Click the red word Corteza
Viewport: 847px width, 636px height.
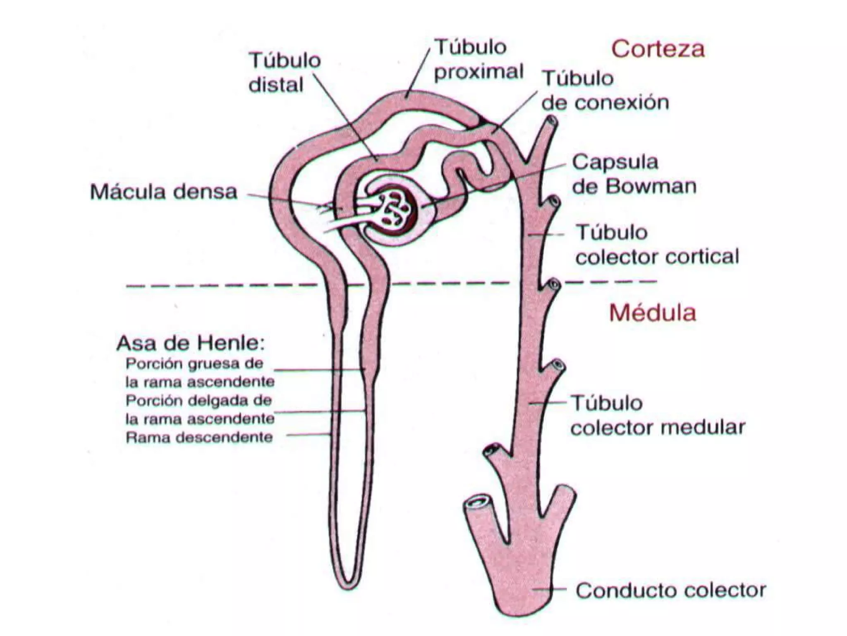658,49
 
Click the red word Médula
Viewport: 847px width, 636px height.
653,313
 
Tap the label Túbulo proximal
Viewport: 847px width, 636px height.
479,60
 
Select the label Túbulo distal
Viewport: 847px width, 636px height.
285,73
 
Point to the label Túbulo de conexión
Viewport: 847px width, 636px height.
605,90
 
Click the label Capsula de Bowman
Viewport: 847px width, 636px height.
634,174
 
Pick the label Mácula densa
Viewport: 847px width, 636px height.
164,192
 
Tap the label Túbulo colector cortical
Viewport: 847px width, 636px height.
657,245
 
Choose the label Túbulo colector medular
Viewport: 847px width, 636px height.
657,415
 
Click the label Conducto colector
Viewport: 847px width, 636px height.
670,590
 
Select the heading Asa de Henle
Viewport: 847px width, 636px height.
191,343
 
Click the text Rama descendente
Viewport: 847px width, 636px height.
199,438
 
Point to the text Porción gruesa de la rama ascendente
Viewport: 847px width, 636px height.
200,372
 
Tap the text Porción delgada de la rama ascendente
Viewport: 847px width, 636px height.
200,410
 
